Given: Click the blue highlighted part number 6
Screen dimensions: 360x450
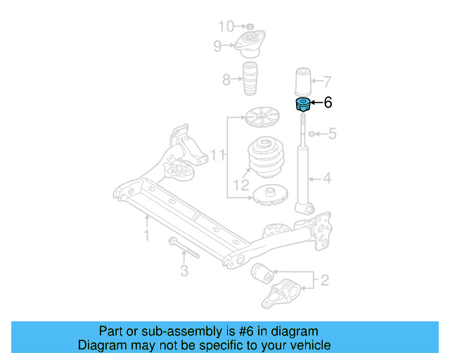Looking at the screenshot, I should point(302,105).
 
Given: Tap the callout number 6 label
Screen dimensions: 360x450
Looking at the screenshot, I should point(327,103).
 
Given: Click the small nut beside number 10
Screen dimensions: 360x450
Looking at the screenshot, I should point(248,27).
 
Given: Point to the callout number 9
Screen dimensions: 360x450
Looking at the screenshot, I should point(218,46).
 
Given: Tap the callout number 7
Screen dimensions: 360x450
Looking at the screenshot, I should point(326,80).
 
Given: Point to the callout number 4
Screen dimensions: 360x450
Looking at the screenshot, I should point(326,179).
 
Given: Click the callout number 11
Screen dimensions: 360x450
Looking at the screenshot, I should point(218,153).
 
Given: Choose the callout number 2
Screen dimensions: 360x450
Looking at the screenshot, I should point(324,281).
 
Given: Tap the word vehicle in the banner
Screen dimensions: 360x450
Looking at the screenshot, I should point(310,345).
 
